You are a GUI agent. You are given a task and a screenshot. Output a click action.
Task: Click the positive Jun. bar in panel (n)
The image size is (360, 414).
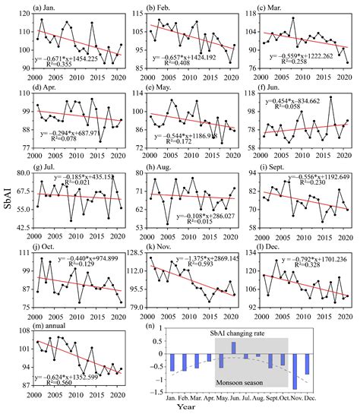[233, 348]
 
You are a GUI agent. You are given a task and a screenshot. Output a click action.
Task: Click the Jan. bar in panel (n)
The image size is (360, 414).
[172, 362]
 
